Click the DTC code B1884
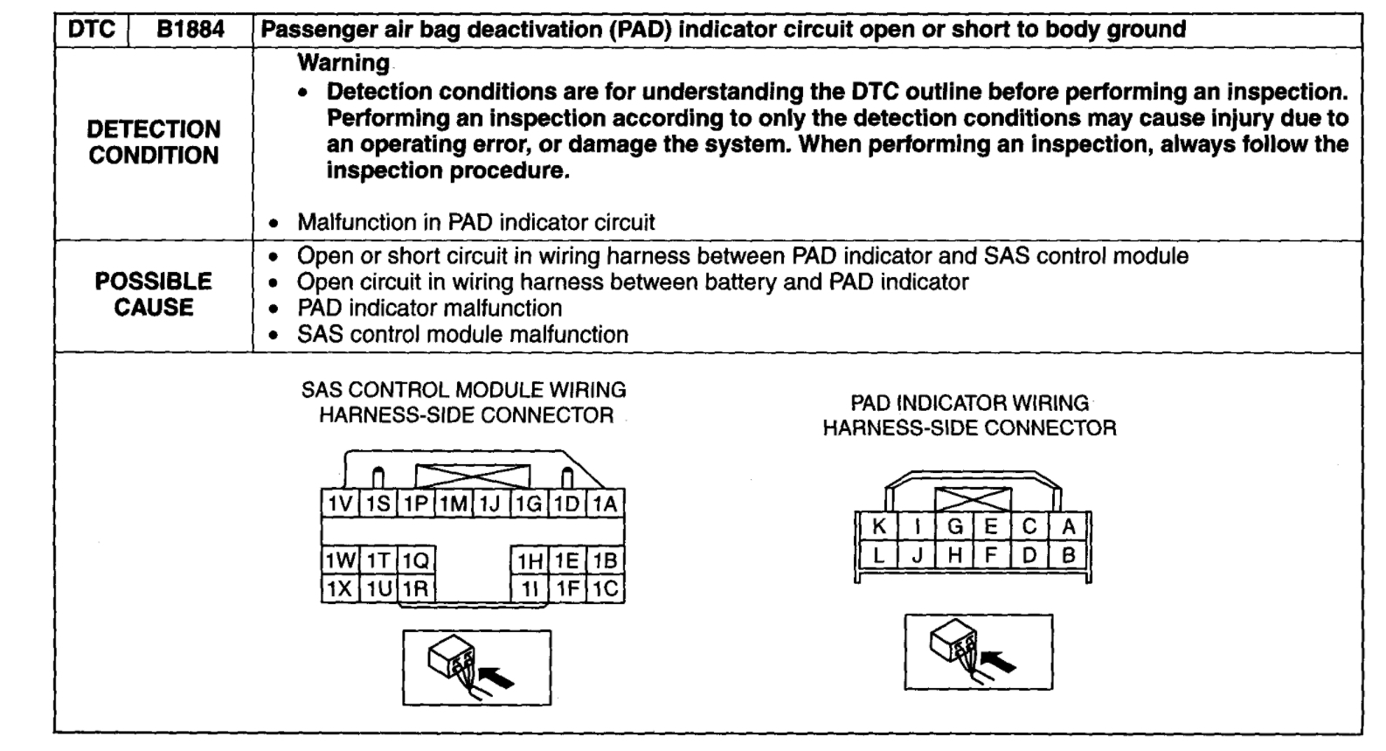pos(191,30)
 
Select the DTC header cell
pos(91,30)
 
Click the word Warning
pos(343,63)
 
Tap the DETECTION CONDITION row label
pos(154,143)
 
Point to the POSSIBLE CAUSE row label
pos(154,295)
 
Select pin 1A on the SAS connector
pos(606,504)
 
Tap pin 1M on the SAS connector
pos(453,504)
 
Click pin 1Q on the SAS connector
pos(416,560)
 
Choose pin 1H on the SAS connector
pos(530,560)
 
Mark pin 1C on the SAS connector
pos(606,588)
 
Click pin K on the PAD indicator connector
pos(879,526)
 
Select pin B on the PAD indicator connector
pos(1068,554)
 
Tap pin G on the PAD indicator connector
pos(954,526)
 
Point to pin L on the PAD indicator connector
pos(879,554)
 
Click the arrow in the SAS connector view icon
pos(498,677)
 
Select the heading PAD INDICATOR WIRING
pos(969,403)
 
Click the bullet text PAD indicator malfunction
pos(429,308)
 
